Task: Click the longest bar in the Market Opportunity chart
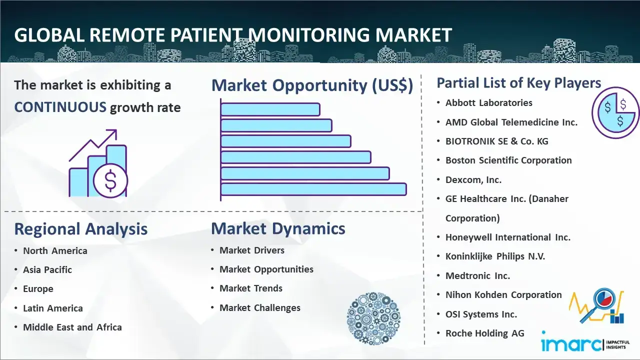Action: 313,189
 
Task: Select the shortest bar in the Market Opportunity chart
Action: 270,109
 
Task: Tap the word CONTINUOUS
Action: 60,107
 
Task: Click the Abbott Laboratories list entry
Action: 489,103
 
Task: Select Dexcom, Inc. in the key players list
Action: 473,180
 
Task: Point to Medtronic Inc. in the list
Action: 477,275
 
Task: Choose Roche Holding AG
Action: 485,333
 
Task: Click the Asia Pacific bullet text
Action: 47,269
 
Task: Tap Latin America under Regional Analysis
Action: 53,308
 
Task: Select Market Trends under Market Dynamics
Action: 251,288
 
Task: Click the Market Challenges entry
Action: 260,307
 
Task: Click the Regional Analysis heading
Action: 81,229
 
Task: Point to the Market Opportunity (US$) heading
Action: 312,85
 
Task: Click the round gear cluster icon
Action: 373,318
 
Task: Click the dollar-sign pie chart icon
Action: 615,113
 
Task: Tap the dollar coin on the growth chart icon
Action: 110,180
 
